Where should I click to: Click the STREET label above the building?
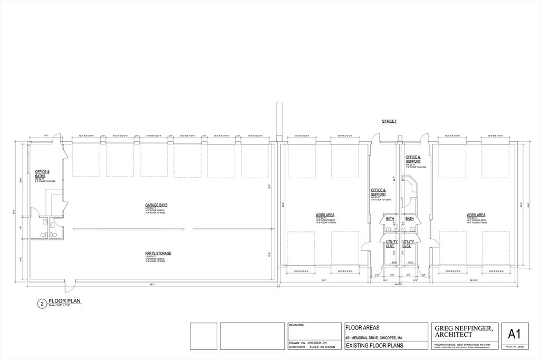point(389,122)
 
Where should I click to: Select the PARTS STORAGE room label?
point(158,253)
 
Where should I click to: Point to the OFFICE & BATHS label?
point(42,173)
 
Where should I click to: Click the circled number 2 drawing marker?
point(41,303)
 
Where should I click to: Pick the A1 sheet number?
point(515,334)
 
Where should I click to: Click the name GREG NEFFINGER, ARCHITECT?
point(464,332)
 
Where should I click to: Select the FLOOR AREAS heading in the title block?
point(362,327)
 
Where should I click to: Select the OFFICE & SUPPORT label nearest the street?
point(413,159)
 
